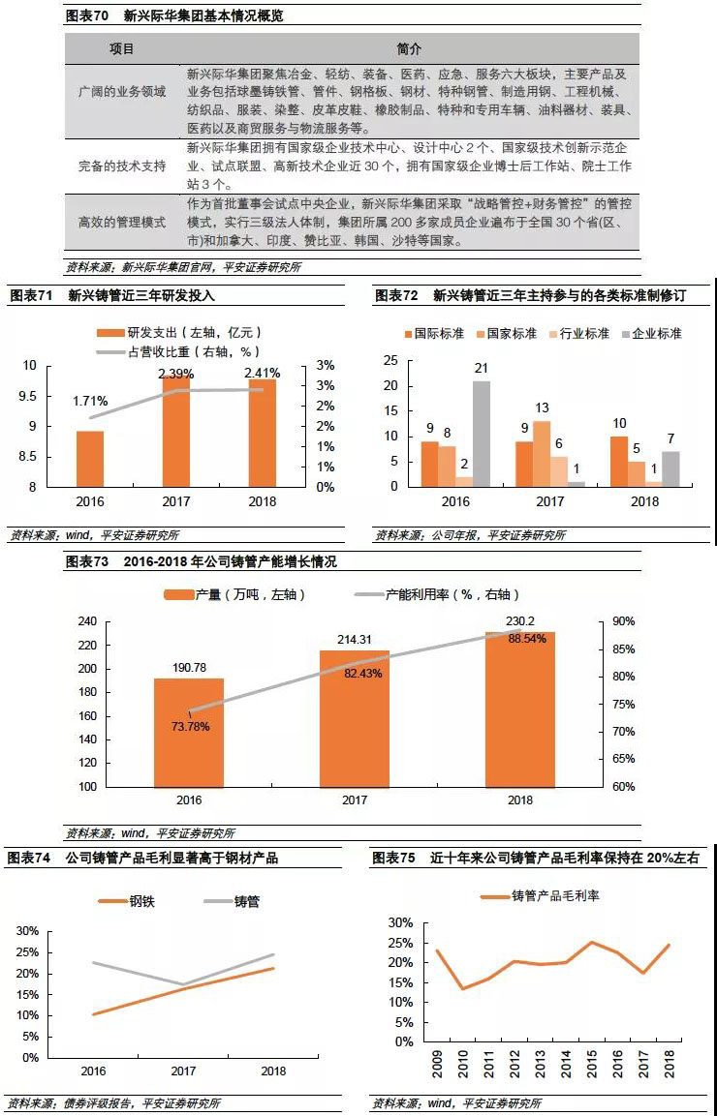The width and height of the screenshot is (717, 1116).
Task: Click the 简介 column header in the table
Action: click(x=410, y=48)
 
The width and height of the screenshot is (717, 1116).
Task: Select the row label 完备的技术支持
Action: click(x=122, y=166)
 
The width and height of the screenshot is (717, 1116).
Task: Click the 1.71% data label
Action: click(x=90, y=400)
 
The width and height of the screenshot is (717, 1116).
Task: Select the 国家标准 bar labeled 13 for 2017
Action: click(x=542, y=453)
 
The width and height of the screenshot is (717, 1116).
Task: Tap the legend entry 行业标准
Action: click(x=577, y=333)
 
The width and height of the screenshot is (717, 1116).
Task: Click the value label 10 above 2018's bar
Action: click(x=619, y=424)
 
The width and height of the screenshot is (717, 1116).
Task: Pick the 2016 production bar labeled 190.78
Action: click(x=189, y=732)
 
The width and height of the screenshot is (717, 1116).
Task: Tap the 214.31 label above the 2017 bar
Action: click(x=355, y=640)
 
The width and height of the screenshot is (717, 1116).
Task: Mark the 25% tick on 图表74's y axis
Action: click(x=27, y=951)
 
